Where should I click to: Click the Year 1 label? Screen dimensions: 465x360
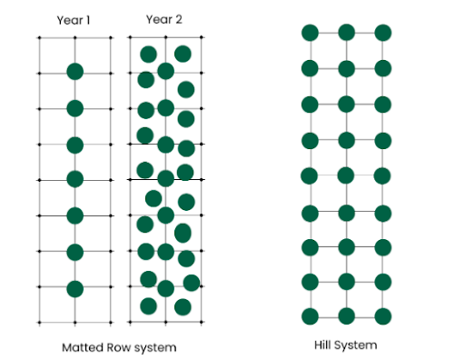tap(74, 20)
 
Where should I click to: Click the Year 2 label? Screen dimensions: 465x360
tap(165, 20)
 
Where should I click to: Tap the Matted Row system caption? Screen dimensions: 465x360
tap(119, 347)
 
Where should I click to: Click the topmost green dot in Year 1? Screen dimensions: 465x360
tap(74, 72)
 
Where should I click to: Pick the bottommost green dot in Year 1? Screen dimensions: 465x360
tap(74, 288)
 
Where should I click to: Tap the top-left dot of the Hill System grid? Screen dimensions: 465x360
tap(310, 33)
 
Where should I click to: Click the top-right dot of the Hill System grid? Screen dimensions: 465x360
tap(383, 33)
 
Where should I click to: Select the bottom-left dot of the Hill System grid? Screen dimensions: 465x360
tap(310, 316)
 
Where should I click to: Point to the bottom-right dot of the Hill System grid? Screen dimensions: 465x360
tap(383, 316)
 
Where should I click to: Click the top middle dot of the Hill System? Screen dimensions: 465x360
tap(346, 33)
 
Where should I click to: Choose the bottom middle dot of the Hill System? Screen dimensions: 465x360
tap(346, 316)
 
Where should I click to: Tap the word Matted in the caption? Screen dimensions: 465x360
tap(80, 347)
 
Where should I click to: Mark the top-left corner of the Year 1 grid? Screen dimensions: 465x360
tap(39, 37)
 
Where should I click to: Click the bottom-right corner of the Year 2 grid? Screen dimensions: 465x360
tap(203, 323)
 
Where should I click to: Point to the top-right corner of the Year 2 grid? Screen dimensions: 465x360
tap(203, 37)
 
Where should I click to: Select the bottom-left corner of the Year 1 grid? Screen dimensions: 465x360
tap(39, 323)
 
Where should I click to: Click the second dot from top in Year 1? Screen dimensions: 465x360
tap(74, 108)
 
